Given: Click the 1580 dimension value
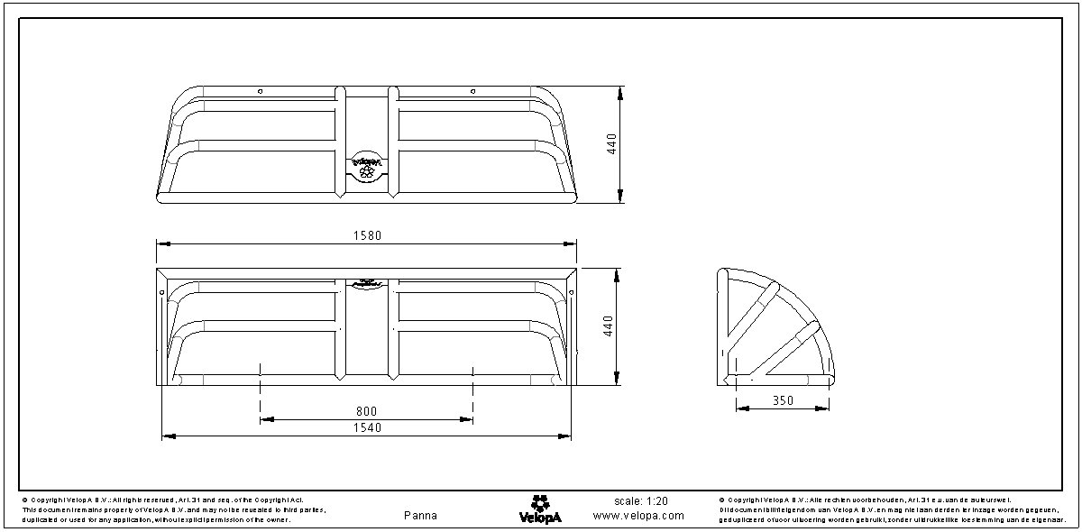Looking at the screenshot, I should (367, 236).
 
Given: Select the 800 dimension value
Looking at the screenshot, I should (367, 412).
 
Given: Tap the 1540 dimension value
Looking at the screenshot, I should (367, 428).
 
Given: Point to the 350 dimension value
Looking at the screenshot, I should (784, 400).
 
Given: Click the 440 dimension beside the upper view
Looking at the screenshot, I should (611, 144).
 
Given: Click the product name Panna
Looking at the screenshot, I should (421, 516).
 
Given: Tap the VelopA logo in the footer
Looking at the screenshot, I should (540, 509).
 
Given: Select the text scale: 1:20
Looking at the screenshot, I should (641, 501).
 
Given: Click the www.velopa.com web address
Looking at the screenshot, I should (638, 516).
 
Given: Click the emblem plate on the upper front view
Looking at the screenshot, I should (367, 166).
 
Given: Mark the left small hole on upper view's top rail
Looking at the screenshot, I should (260, 91).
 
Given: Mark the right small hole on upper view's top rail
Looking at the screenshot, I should (472, 91).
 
